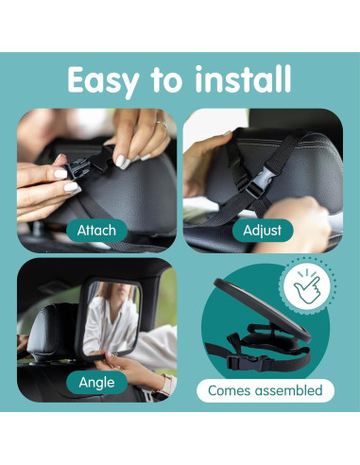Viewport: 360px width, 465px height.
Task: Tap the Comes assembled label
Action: (266, 390)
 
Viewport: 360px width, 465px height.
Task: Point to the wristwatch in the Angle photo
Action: (167, 384)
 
